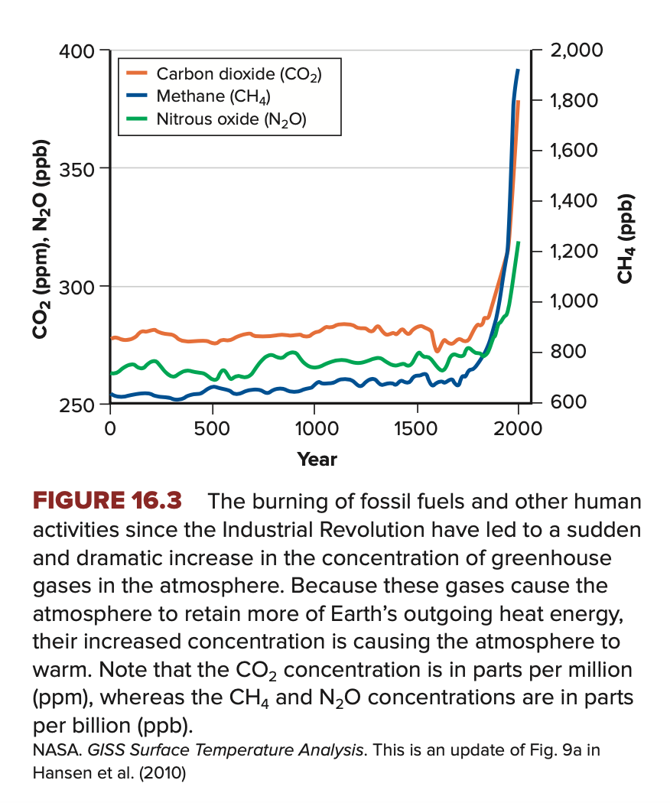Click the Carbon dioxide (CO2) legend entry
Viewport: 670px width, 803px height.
(x=238, y=74)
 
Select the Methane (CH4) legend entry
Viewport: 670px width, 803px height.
(x=213, y=96)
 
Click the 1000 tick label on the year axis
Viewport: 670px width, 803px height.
(x=314, y=429)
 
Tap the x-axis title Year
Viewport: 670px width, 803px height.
(x=317, y=460)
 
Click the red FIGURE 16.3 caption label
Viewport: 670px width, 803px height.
(x=107, y=502)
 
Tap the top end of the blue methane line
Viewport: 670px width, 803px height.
(x=518, y=70)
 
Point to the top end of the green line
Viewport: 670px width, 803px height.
(x=518, y=242)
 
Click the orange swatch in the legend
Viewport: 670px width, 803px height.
(x=138, y=74)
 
